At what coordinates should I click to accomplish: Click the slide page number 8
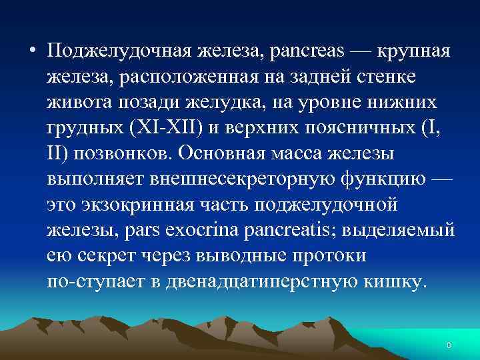click(x=449, y=345)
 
